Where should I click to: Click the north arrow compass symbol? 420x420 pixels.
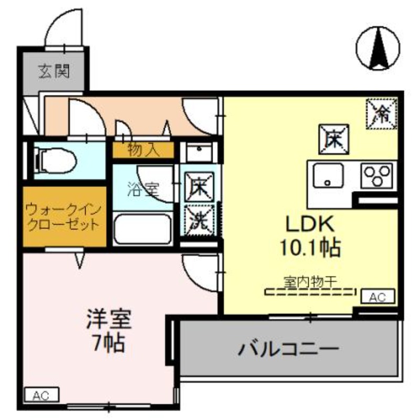coord(378,48)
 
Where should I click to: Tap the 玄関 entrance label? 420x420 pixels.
coord(54,71)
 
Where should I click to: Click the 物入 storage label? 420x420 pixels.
coord(143,150)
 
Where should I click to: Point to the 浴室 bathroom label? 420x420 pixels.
coord(143,189)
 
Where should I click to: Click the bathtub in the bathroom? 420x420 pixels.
coord(142,228)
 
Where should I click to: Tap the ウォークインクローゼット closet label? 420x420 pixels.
coord(64,217)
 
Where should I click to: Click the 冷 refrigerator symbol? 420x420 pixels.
coord(382,113)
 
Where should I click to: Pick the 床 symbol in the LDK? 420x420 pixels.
coord(334,139)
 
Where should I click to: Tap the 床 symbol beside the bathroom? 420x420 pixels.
coord(199,187)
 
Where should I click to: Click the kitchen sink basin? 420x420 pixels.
coord(328,175)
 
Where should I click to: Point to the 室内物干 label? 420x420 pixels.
coord(310,282)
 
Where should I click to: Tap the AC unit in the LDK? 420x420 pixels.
coord(377,296)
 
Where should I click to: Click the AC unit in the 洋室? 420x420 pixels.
coord(41,395)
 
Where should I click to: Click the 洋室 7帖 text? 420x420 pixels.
coord(109,331)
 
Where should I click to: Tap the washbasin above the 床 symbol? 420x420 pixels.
coord(199,152)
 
